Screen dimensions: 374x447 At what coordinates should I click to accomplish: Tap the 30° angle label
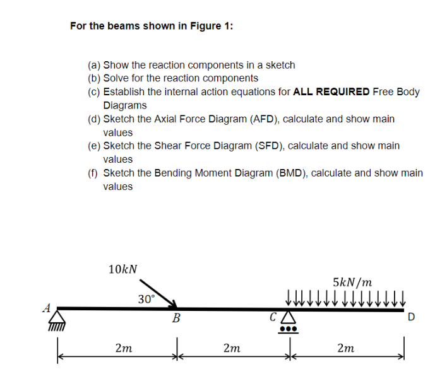click(x=146, y=299)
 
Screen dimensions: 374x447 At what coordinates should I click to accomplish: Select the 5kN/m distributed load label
click(x=352, y=281)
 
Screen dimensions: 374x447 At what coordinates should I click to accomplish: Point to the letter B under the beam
click(x=176, y=320)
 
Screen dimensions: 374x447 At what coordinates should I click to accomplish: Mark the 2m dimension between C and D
click(x=345, y=348)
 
